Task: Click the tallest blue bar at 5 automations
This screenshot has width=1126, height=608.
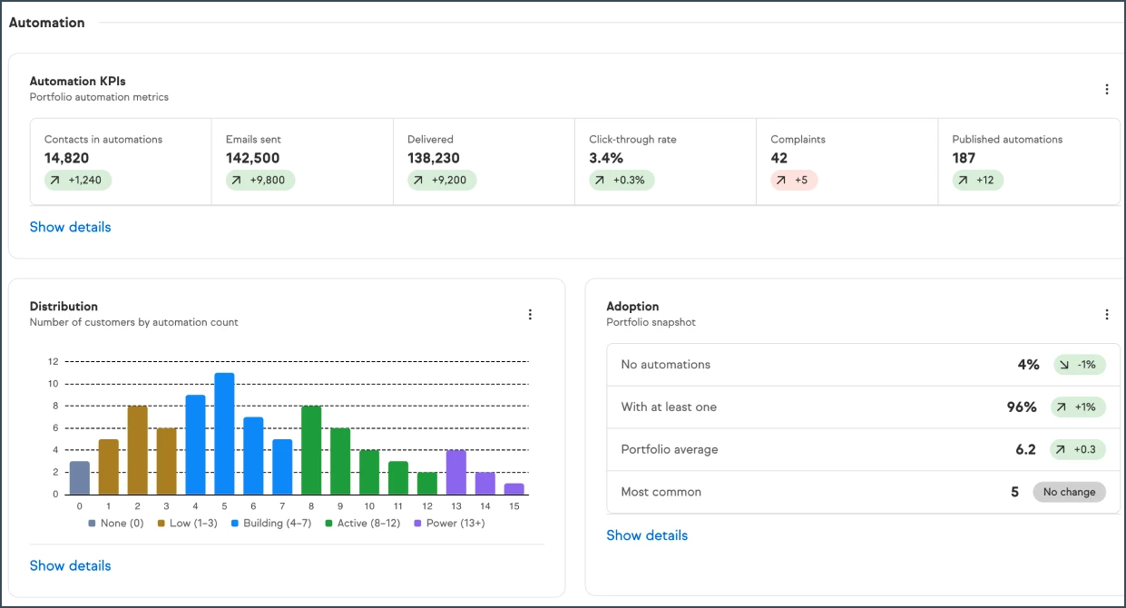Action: coord(224,434)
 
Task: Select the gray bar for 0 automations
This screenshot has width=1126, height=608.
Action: coord(80,477)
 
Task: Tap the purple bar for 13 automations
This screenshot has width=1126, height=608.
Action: coord(455,472)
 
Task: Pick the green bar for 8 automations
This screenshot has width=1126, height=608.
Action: coord(311,450)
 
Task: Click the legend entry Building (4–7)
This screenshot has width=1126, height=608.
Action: coord(271,523)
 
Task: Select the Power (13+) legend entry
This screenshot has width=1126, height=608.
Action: coord(449,523)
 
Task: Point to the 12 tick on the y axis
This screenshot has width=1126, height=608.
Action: coord(54,361)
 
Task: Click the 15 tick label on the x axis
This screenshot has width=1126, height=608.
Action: coord(514,506)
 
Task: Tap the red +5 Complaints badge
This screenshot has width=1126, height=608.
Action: coord(794,180)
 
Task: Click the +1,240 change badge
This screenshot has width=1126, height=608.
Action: coord(77,180)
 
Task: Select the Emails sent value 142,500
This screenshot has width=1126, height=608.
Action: coord(252,158)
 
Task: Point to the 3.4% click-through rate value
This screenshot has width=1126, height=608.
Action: coord(606,158)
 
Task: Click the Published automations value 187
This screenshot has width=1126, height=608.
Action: coord(964,158)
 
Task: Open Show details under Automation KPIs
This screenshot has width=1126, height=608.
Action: coord(71,227)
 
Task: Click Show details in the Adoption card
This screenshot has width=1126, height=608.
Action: coord(647,535)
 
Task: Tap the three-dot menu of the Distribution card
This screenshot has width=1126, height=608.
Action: coord(530,314)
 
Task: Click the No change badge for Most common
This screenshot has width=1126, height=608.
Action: coord(1069,492)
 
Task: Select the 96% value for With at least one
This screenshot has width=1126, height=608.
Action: coord(1022,407)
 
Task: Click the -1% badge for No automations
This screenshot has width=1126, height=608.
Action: coord(1080,365)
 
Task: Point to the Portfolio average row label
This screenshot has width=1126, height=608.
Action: coord(670,449)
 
